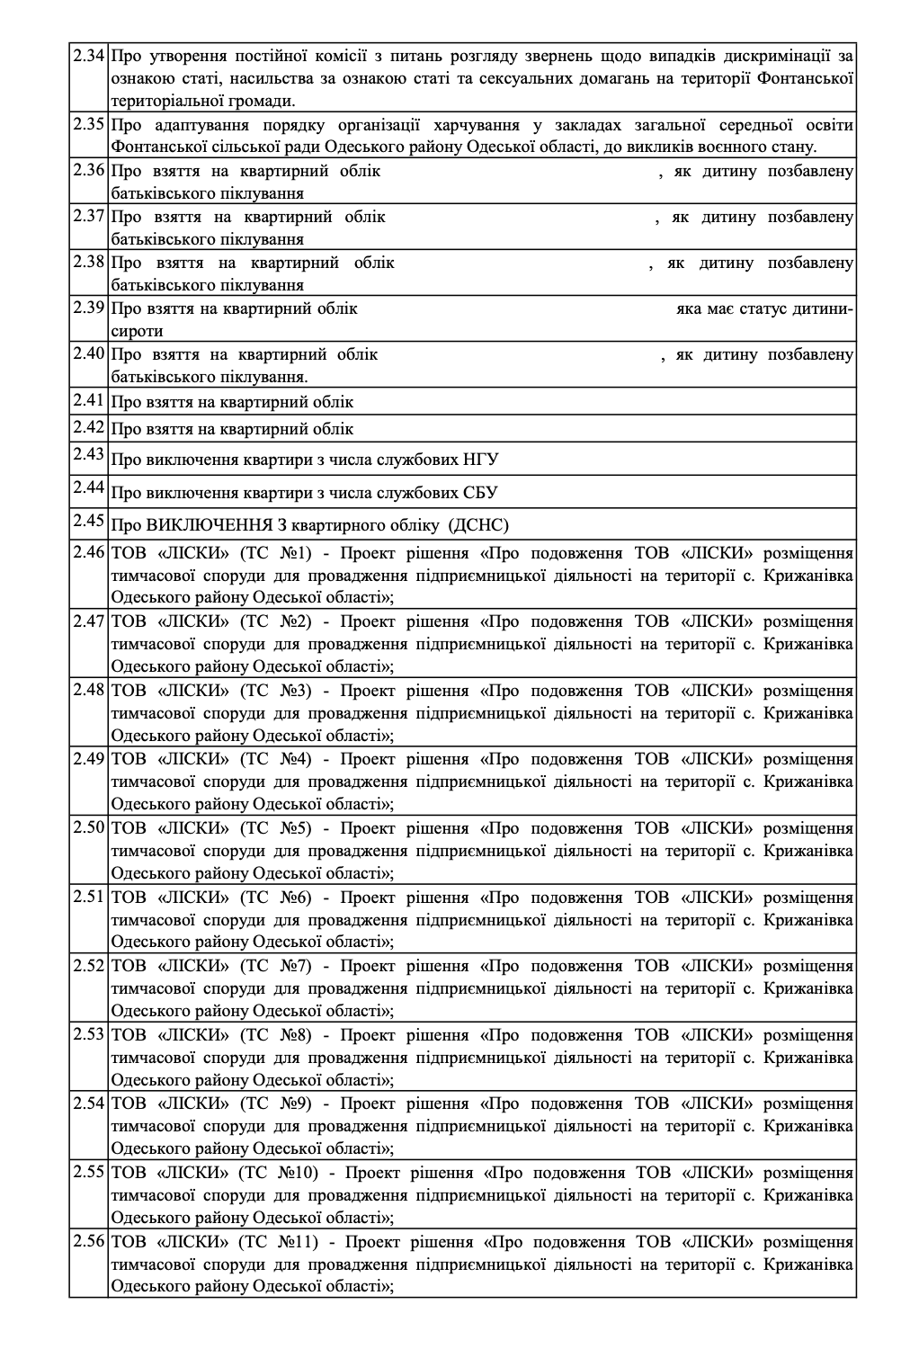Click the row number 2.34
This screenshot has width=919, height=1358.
pos(90,56)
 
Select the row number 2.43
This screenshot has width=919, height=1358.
pos(90,454)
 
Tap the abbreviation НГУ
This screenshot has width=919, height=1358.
pos(482,460)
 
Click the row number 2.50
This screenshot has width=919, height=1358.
pos(90,826)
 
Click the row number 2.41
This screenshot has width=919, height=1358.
pos(90,400)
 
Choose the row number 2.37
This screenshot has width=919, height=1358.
pos(90,216)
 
